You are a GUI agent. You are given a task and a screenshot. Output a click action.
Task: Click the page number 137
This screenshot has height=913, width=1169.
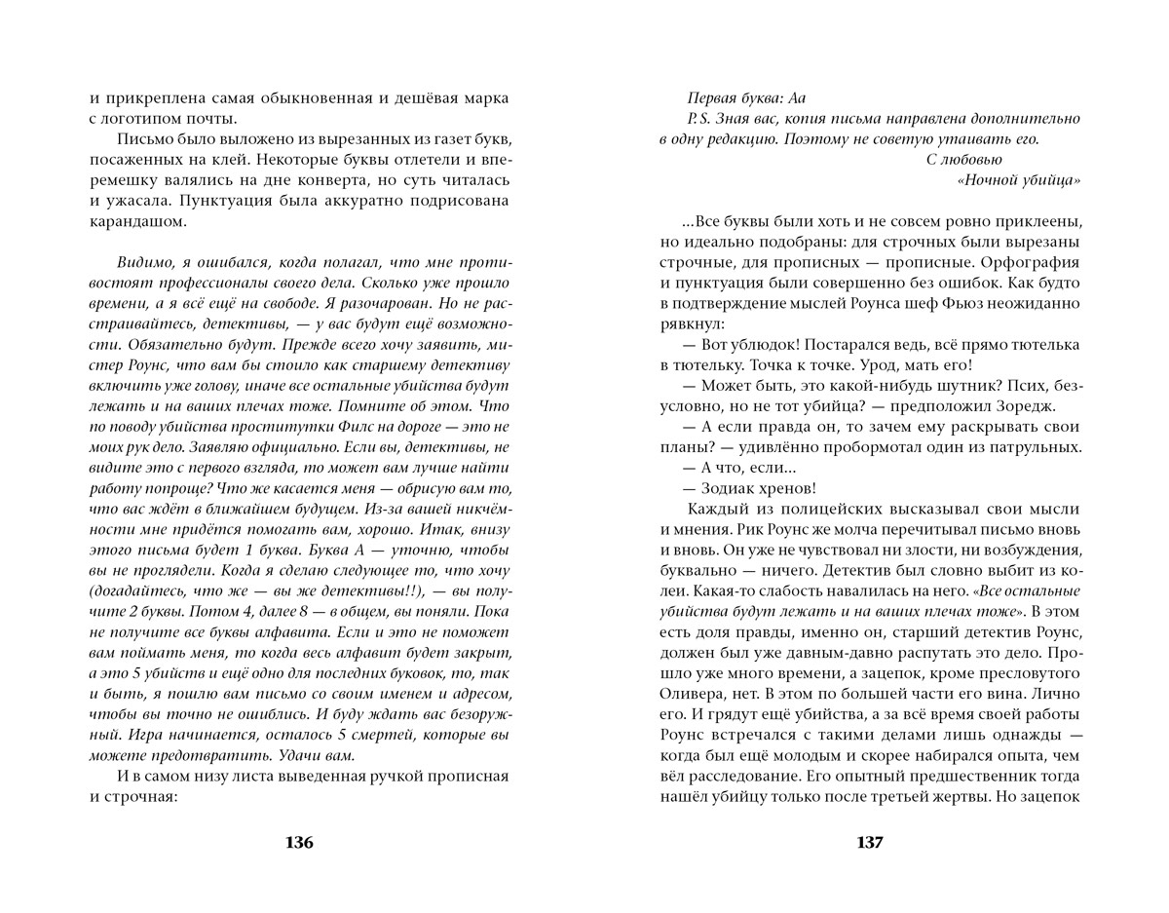[x=869, y=843]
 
